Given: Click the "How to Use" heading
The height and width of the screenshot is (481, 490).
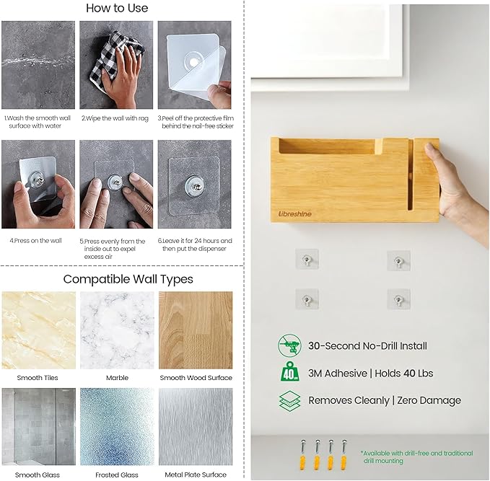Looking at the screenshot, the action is [117, 8].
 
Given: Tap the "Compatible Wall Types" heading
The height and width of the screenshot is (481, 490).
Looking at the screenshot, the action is [128, 279].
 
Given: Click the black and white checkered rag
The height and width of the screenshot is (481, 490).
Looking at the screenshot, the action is [115, 58].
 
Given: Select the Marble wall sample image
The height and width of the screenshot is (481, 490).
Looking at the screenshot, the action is [117, 330].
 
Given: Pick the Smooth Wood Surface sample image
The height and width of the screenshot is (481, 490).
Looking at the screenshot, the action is [196, 330].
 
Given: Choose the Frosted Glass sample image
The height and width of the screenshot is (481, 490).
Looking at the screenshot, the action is [117, 427].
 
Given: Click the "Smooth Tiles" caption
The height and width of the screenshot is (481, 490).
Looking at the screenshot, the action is [38, 378].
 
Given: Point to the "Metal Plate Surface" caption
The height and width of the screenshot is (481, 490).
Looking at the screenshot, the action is [196, 475].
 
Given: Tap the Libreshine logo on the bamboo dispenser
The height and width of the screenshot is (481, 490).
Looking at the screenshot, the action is [294, 214].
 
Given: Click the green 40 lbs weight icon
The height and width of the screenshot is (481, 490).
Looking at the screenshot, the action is [289, 371].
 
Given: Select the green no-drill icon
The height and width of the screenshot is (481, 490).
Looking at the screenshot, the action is [289, 345].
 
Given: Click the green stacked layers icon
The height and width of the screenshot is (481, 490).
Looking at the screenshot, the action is [289, 400].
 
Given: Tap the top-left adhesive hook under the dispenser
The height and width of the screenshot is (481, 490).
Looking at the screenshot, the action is [307, 259].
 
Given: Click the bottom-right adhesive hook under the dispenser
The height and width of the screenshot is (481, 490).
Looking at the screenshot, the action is [398, 299].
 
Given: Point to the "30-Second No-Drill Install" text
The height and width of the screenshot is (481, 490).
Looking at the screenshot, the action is [367, 345].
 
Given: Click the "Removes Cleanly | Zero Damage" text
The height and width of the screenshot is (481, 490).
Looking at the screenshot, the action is [385, 400].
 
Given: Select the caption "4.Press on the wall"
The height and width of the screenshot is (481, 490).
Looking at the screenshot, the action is [35, 241].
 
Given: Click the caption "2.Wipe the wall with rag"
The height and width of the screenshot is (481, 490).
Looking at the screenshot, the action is [115, 118].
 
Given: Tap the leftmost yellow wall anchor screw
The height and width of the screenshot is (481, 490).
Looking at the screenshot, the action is [302, 455].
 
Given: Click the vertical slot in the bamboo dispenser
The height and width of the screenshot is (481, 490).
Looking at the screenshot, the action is [411, 174].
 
